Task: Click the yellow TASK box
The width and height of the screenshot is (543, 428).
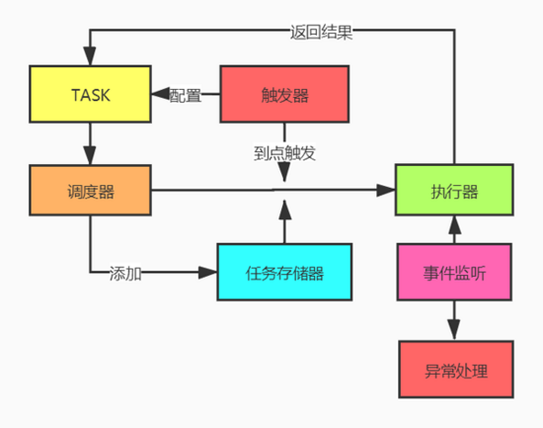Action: tap(90, 94)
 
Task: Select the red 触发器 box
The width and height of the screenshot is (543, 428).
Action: tap(284, 94)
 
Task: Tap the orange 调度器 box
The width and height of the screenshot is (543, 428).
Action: tap(90, 190)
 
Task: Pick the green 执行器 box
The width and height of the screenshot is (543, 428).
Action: tap(454, 190)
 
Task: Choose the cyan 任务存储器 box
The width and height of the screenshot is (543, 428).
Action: tap(284, 272)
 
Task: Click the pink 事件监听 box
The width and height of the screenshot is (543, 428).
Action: tap(454, 272)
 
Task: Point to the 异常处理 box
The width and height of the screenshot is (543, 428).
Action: tap(456, 370)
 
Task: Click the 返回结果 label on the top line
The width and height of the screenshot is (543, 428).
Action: tap(321, 33)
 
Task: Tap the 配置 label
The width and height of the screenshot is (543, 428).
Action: tap(186, 95)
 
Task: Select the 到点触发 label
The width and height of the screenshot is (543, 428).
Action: tap(284, 153)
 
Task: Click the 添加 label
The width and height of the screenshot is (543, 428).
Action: tap(125, 274)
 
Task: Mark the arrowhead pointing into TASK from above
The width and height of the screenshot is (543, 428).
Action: tap(90, 55)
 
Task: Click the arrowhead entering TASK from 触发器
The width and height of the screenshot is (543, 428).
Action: tap(160, 94)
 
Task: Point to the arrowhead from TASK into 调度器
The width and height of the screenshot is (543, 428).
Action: tap(90, 155)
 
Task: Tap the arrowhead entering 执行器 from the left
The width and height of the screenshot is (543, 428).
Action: tap(386, 190)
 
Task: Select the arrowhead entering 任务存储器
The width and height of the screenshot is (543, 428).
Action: tap(207, 272)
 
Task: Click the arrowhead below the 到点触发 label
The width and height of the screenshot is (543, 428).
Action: tap(284, 172)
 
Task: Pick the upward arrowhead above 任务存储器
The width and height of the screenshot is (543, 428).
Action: tap(284, 210)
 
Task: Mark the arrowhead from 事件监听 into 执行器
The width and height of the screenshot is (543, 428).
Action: tap(454, 224)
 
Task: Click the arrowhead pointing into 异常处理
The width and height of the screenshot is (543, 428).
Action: tap(454, 330)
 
